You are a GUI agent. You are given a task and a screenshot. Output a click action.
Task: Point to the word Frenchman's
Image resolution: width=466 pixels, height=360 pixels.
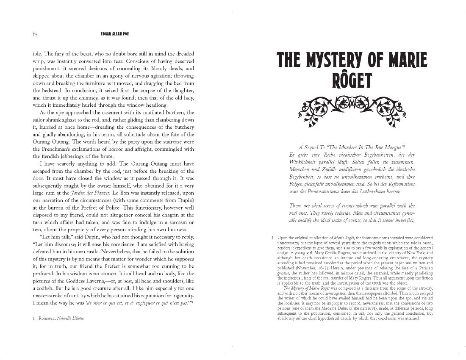60,149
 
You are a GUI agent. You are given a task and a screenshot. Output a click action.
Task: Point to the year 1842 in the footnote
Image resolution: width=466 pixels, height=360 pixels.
324,269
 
